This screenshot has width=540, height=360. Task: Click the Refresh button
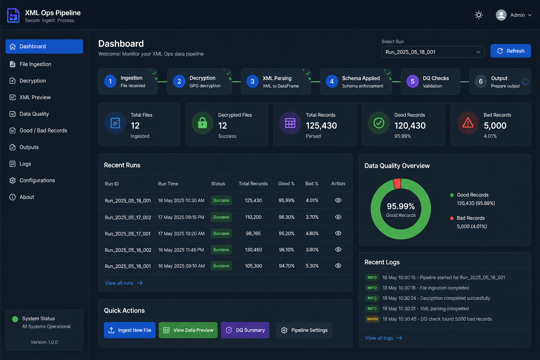pos(510,51)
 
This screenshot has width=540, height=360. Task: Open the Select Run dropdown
pos(433,52)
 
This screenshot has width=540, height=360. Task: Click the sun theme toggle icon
pos(478,15)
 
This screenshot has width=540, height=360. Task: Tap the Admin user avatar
pos(501,15)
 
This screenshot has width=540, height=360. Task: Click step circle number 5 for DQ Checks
pos(412,82)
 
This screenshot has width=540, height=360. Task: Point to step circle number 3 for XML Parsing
pos(252,82)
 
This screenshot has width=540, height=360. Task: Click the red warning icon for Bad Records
pos(468,123)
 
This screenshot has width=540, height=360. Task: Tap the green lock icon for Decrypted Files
pos(202,123)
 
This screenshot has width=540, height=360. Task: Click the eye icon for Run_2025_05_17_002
pos(338,217)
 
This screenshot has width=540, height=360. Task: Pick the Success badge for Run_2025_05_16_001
pos(221,266)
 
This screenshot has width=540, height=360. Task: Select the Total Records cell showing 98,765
pos(253,233)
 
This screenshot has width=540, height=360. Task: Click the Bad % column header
pos(312,184)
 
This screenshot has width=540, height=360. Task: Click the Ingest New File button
pos(129,330)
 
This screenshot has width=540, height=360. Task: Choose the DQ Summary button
pos(245,330)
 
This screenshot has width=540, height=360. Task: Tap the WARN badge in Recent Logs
pos(372,319)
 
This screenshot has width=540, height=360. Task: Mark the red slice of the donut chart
pos(397,184)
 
